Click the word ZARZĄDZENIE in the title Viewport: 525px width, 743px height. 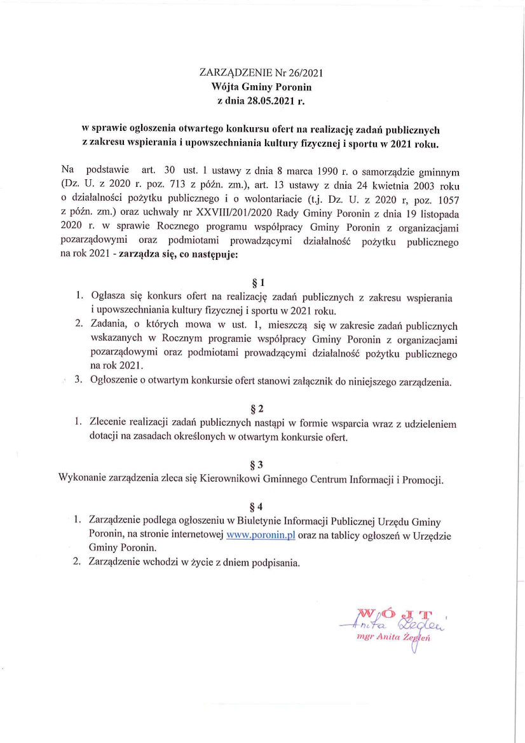click(x=228, y=73)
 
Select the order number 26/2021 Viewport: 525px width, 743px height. click(x=307, y=73)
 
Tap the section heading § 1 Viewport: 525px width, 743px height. click(x=257, y=282)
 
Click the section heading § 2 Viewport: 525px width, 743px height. click(x=257, y=407)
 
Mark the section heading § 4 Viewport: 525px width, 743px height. click(x=257, y=507)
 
